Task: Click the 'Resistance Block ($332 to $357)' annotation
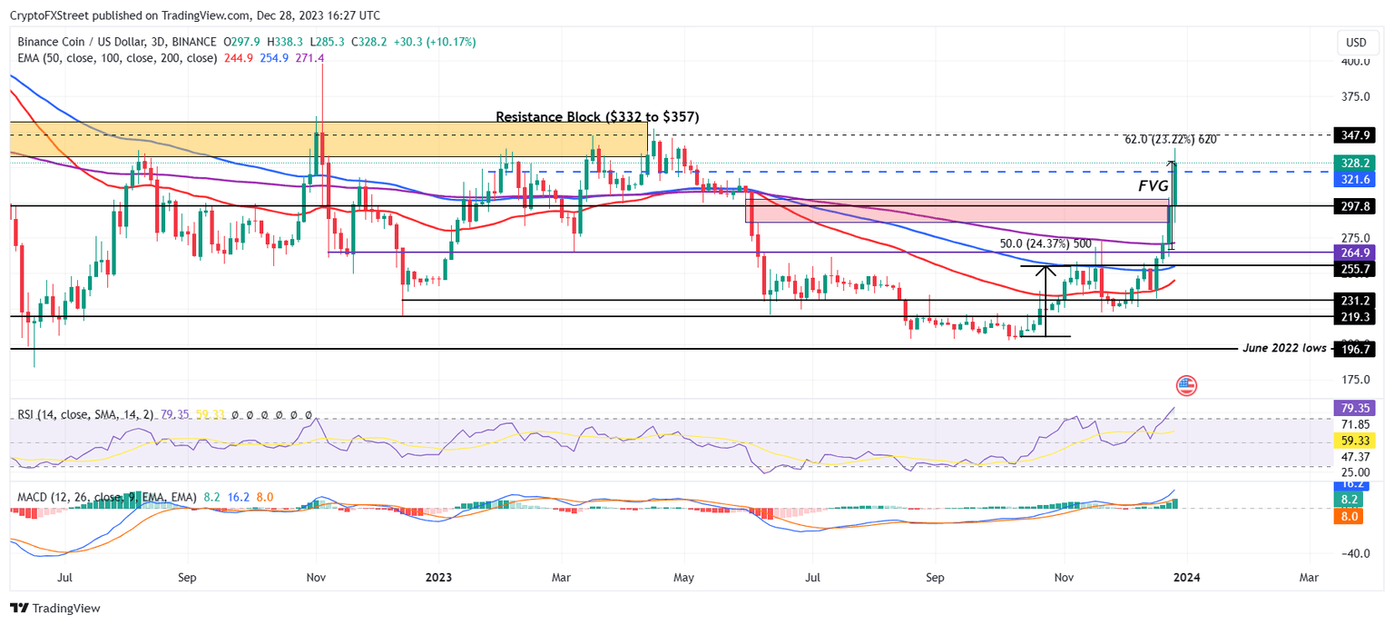[x=597, y=117]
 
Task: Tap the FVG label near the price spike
[x=1153, y=185]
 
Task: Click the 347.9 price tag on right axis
[x=1353, y=134]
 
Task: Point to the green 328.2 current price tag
[x=1353, y=163]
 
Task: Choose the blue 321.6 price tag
[x=1353, y=180]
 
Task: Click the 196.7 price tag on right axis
[x=1353, y=349]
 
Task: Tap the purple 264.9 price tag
[x=1353, y=252]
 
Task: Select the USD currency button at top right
[x=1356, y=43]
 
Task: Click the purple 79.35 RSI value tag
[x=1353, y=408]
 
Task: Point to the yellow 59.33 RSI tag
[x=1353, y=441]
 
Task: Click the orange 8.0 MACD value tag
[x=1353, y=517]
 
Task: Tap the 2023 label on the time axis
[x=438, y=577]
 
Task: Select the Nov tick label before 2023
[x=315, y=577]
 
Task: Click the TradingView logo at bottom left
[x=55, y=608]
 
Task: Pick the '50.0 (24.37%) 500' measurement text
[x=1045, y=243]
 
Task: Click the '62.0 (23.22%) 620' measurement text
[x=1171, y=140]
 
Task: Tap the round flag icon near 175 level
[x=1186, y=385]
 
